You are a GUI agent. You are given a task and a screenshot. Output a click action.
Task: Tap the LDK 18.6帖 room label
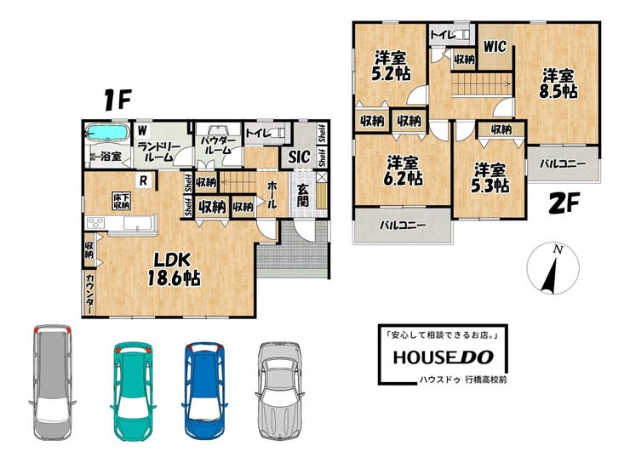click(x=174, y=270)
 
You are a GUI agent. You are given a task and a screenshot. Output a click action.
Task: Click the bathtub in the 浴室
click(x=106, y=133)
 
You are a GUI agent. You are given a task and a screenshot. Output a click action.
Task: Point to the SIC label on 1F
click(x=300, y=157)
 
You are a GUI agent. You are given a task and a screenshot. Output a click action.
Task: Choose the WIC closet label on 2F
click(x=494, y=47)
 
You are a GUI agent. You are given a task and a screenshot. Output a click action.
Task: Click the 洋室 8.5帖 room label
click(x=558, y=84)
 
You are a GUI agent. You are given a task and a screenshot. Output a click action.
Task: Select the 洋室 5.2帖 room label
click(x=391, y=66)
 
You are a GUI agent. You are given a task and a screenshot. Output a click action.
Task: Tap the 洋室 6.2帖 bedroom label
click(x=403, y=171)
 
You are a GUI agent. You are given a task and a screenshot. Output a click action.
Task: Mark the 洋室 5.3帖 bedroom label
click(x=490, y=178)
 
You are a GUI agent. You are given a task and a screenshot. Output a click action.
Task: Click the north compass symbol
click(x=553, y=268)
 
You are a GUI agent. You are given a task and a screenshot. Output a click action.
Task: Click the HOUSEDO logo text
click(x=444, y=357)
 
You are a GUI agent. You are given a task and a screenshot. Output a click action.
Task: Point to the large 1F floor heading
click(x=117, y=100)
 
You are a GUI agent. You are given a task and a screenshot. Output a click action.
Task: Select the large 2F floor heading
click(x=564, y=203)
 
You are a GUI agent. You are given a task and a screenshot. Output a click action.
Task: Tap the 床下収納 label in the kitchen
click(x=121, y=201)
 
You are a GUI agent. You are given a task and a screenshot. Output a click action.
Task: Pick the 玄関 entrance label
click(x=303, y=196)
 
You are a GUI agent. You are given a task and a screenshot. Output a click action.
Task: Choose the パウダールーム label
click(x=219, y=146)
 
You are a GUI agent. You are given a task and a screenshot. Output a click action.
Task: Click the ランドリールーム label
click(x=158, y=151)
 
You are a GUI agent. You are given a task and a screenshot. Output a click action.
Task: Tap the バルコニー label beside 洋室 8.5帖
click(x=563, y=163)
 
